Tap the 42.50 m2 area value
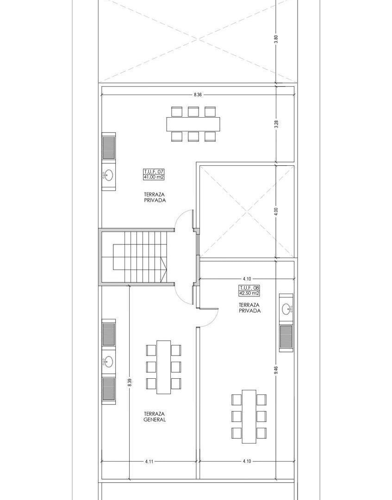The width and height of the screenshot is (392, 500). (x=249, y=293)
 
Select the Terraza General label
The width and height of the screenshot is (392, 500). (x=155, y=417)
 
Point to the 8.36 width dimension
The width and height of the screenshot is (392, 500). (x=198, y=95)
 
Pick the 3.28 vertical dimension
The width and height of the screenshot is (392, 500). (x=276, y=124)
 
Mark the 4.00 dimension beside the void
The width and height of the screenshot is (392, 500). (x=276, y=212)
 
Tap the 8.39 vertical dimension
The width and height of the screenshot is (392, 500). (x=129, y=382)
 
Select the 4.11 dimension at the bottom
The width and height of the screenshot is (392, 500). (x=149, y=461)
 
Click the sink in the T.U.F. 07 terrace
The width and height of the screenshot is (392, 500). (x=108, y=175)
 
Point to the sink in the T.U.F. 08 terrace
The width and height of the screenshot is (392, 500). (x=286, y=309)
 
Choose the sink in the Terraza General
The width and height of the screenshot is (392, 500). (x=108, y=362)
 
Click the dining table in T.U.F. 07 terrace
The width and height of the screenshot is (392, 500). (x=193, y=124)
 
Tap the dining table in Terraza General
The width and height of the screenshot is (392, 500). (x=164, y=367)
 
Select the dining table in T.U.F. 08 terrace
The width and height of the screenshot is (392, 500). (x=249, y=417)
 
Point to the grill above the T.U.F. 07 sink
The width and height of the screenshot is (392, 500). (x=108, y=148)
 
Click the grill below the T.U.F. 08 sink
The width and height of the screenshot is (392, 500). (x=286, y=337)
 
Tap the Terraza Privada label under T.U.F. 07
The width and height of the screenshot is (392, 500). (x=155, y=197)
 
